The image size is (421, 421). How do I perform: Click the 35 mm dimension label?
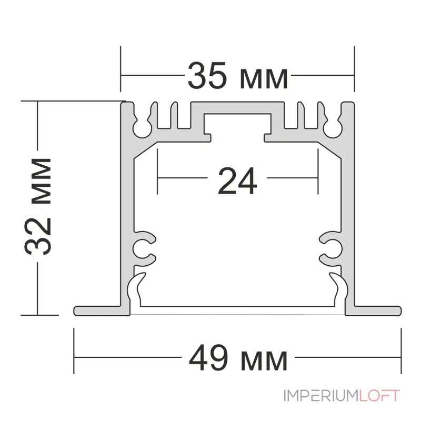(x=238, y=75)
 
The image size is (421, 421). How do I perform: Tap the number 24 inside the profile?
(x=237, y=181)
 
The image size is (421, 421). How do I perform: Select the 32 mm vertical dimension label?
(x=38, y=206)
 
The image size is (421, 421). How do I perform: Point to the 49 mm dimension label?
(x=238, y=358)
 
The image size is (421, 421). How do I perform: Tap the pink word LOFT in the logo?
(x=379, y=396)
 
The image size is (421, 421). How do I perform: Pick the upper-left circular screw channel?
(x=142, y=130)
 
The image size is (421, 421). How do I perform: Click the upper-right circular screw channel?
(x=333, y=130)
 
